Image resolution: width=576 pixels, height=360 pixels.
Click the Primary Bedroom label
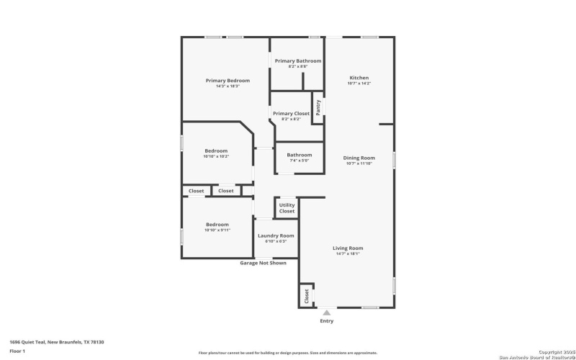click(228, 80)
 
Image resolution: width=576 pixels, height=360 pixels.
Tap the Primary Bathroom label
click(297, 61)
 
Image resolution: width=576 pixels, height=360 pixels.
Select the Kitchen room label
click(359, 78)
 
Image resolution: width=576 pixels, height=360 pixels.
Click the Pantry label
click(318, 108)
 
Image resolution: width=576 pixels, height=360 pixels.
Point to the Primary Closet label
click(291, 114)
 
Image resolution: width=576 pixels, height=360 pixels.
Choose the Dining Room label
click(359, 158)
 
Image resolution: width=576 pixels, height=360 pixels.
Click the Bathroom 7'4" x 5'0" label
click(299, 155)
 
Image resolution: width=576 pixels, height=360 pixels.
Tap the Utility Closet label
click(287, 208)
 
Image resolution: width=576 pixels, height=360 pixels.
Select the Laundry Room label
click(276, 236)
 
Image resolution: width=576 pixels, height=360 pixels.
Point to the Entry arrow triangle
click(326, 312)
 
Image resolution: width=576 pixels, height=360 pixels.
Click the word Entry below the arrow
click(326, 321)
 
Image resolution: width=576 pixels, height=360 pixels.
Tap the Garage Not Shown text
click(263, 263)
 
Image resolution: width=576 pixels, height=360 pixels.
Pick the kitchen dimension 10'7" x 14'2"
click(359, 84)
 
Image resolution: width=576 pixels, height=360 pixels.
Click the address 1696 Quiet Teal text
click(57, 342)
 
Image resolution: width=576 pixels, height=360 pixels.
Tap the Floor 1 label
click(17, 351)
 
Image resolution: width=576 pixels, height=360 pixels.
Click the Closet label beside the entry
click(306, 295)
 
